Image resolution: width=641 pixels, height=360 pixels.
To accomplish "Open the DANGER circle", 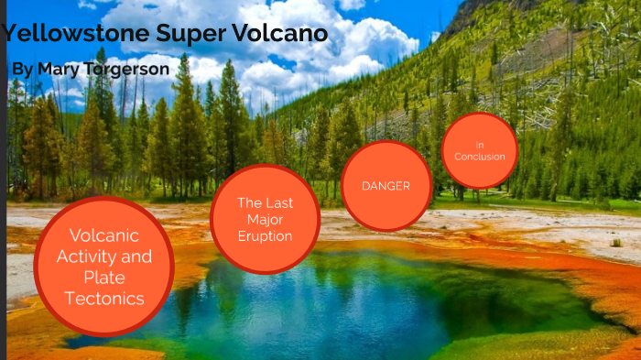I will click(386, 186).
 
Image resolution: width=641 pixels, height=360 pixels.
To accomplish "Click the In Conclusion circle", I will click(479, 151).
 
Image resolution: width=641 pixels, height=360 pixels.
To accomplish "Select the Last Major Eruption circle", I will click(265, 220).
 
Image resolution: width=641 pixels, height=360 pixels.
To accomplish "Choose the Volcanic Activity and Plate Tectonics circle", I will click(103, 266).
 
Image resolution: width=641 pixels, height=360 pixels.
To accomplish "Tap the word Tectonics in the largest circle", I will click(104, 299).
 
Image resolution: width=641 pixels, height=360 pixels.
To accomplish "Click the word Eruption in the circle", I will click(265, 236).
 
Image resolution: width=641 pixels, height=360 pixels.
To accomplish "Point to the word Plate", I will click(103, 278).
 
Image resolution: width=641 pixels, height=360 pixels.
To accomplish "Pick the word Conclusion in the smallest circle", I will click(480, 157).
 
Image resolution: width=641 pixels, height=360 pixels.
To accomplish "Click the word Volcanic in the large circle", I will click(103, 235).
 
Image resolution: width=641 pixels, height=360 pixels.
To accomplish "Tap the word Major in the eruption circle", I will click(265, 220).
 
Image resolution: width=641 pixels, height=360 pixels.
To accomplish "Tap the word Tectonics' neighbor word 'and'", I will click(137, 256).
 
